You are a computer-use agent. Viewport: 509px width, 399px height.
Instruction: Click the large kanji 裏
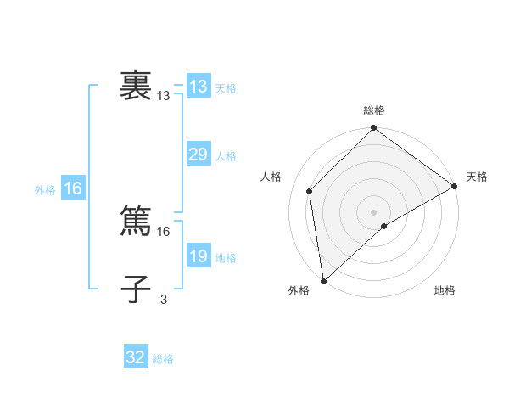136,87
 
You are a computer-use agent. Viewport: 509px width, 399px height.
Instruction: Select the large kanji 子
136,289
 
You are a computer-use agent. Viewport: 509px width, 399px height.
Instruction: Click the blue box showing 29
198,155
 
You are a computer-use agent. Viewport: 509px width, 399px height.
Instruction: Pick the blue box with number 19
198,256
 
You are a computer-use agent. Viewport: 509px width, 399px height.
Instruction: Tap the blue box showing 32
136,357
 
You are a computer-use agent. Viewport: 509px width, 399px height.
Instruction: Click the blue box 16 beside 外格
73,188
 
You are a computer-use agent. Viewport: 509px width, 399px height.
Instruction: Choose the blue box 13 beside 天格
198,87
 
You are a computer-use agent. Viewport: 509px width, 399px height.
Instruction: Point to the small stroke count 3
164,298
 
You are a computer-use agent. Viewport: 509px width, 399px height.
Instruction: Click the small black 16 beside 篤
164,230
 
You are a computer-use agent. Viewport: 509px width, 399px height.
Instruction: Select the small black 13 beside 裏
164,96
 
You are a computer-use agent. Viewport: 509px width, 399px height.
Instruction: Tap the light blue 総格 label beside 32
163,359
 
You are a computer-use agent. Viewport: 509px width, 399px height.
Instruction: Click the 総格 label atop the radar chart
374,110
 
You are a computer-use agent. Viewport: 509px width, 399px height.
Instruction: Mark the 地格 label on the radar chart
445,290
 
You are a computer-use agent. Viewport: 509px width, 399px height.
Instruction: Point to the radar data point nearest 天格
455,186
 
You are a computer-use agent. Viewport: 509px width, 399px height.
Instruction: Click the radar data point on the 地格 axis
384,226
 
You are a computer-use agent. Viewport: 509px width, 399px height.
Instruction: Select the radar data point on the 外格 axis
323,280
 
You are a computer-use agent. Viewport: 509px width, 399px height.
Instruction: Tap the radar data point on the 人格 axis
310,191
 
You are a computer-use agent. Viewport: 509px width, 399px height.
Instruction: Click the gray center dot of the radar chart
374,212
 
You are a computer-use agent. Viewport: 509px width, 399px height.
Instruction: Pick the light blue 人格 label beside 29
226,156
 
